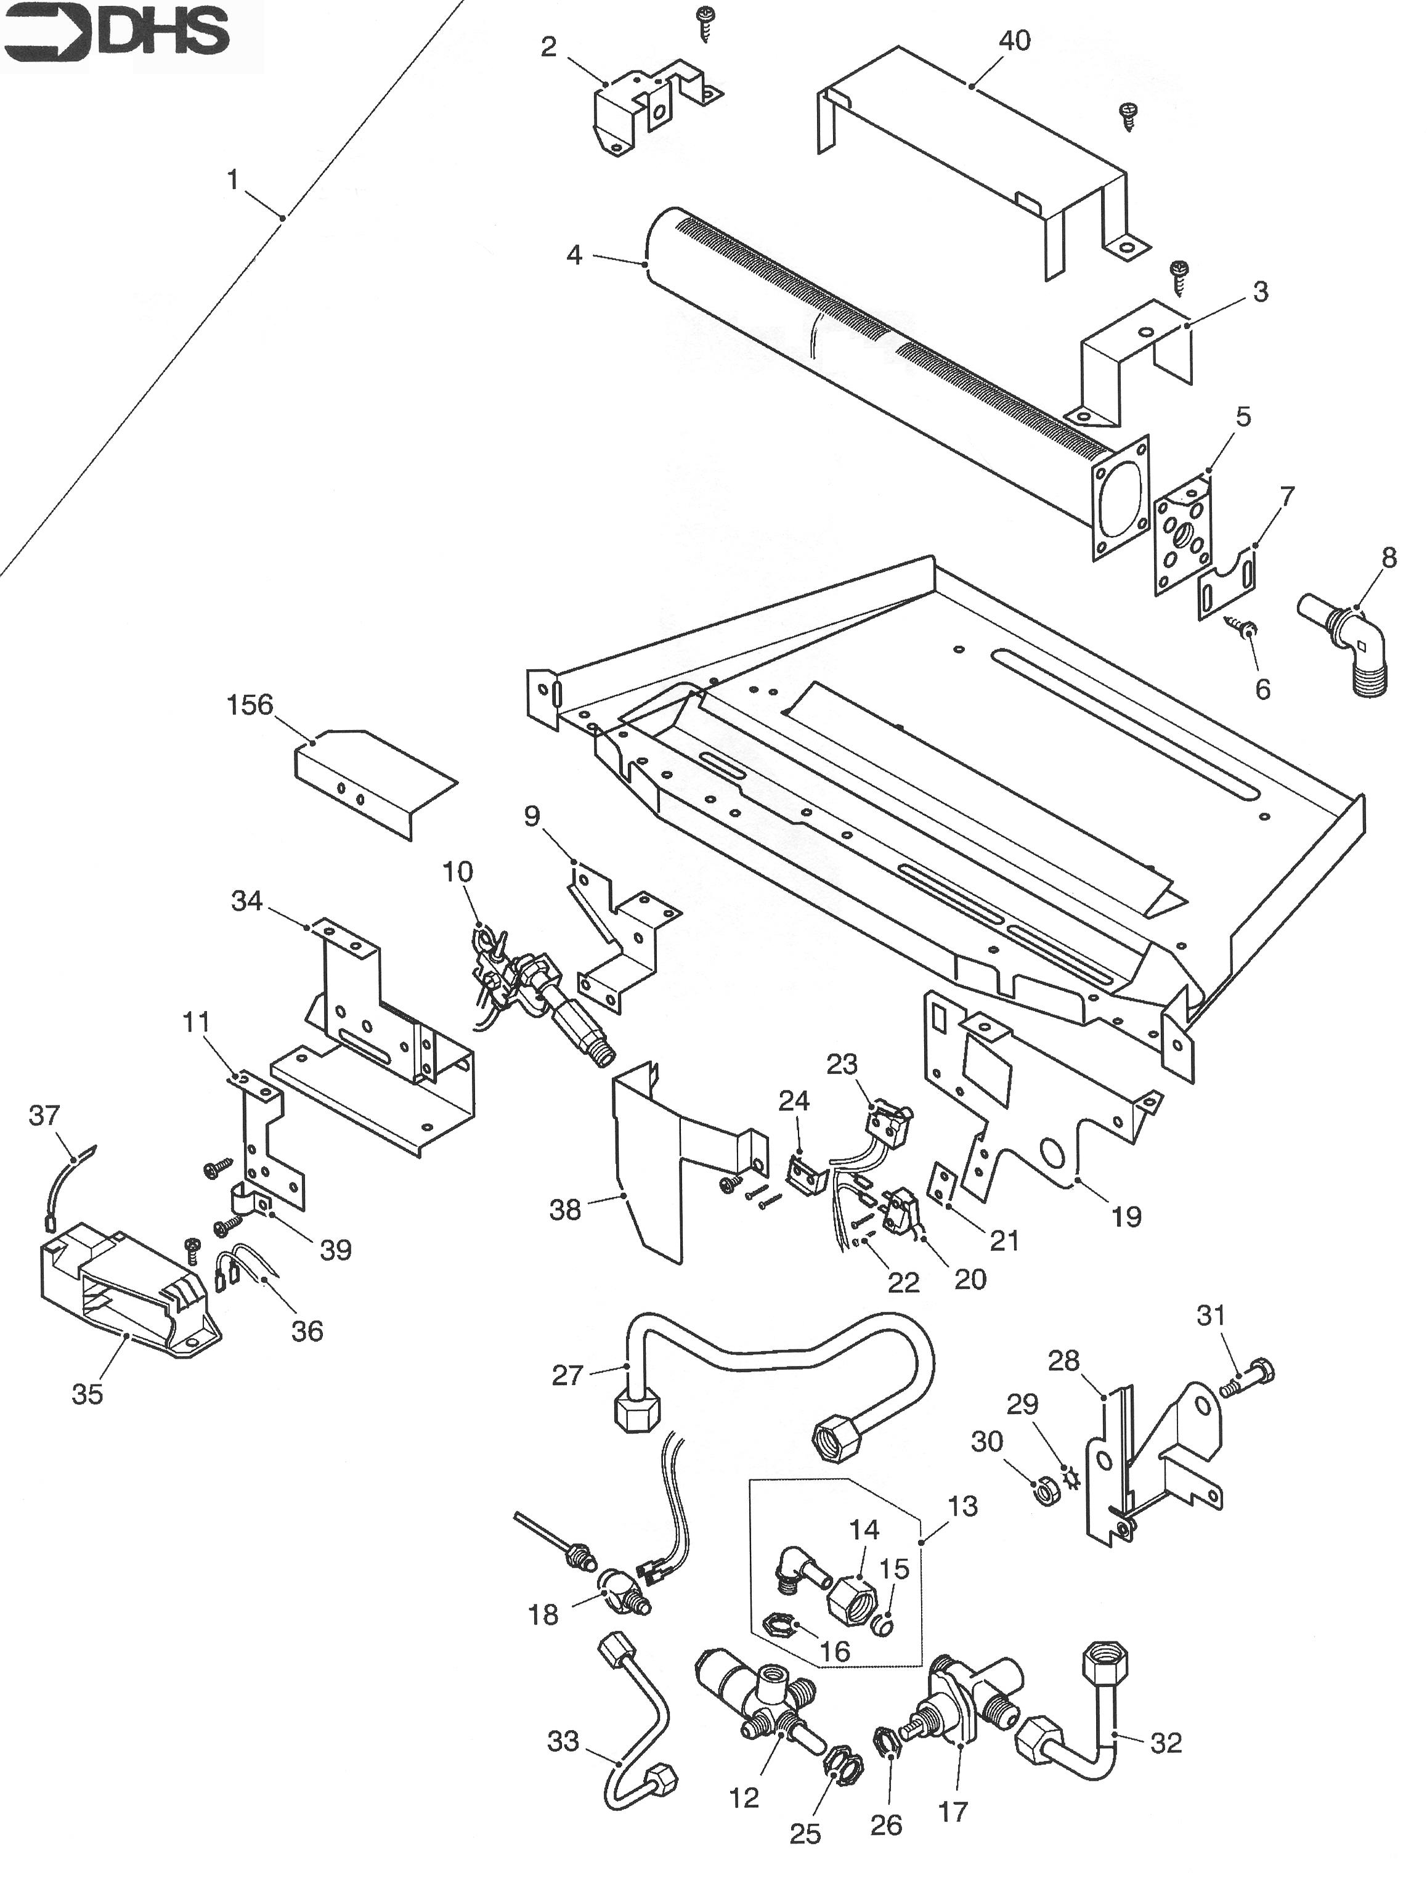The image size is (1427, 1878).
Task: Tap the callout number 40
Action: click(x=1014, y=40)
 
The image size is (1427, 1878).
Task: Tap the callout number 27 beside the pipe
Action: click(x=567, y=1375)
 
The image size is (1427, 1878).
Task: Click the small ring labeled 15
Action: click(x=884, y=1625)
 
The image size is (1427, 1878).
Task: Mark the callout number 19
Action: click(x=1126, y=1216)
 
